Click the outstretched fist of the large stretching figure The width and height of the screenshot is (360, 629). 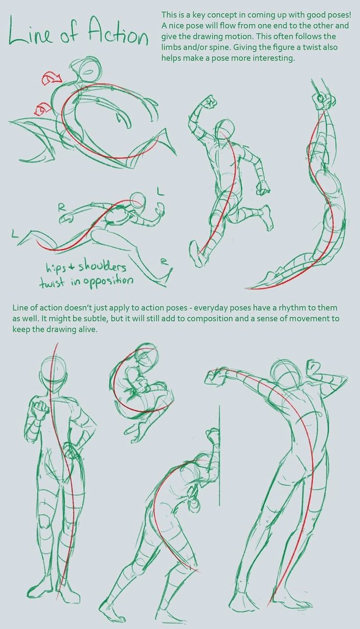pyautogui.click(x=214, y=374)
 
